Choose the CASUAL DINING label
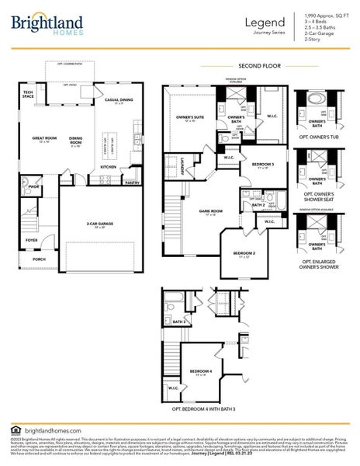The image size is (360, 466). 119,99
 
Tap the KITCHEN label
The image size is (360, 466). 109,166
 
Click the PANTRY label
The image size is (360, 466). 132,183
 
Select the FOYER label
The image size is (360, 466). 31,240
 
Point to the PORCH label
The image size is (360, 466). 39,259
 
